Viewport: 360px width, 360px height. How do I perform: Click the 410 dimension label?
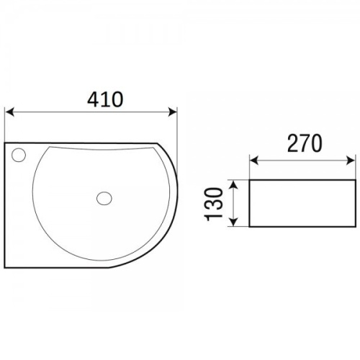[105, 99]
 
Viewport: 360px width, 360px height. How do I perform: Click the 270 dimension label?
[305, 143]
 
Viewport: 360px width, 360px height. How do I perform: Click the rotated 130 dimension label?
[213, 204]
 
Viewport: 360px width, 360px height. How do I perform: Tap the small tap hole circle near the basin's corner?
[19, 155]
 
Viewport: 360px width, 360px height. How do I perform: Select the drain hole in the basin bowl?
[104, 198]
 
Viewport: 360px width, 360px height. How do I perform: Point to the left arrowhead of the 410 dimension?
[9, 112]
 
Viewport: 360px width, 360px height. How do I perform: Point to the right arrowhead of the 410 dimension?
[173, 112]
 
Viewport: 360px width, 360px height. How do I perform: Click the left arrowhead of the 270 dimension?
[254, 160]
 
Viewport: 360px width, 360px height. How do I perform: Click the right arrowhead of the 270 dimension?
[351, 160]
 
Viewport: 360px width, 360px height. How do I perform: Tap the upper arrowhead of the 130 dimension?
[234, 184]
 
